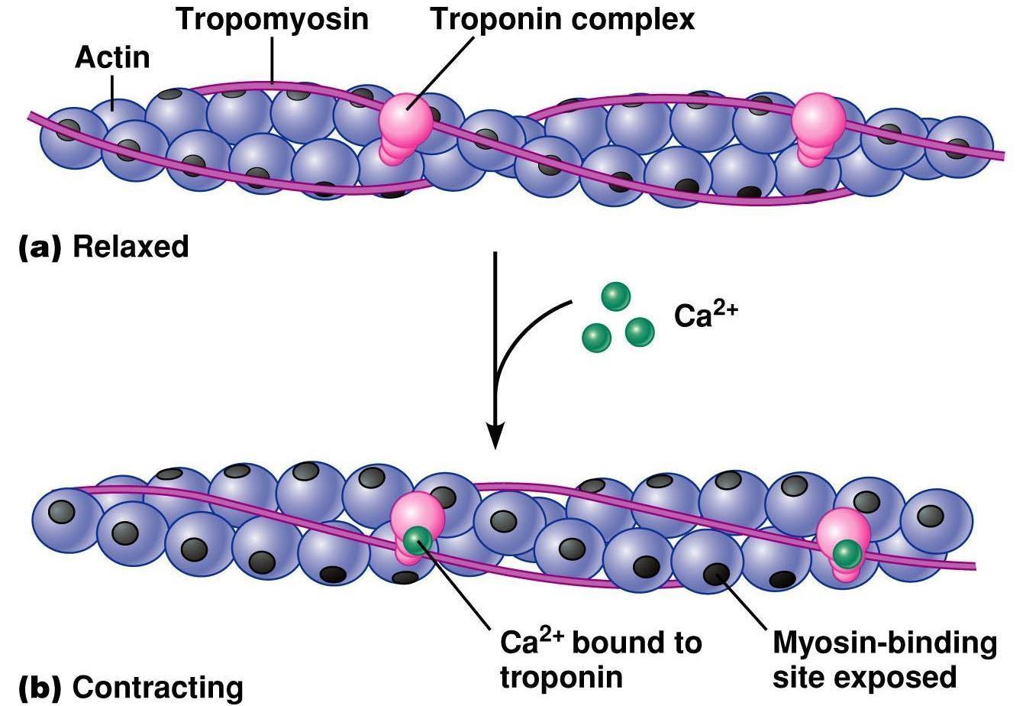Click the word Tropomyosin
[x=273, y=19]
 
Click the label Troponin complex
[x=563, y=19]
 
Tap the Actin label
[x=112, y=58]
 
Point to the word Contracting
[x=158, y=687]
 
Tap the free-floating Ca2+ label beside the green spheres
[x=703, y=314]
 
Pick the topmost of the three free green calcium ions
[x=615, y=296]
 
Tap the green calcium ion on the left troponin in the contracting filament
[x=417, y=539]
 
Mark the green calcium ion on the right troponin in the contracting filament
[x=846, y=552]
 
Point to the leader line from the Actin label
[x=114, y=96]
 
